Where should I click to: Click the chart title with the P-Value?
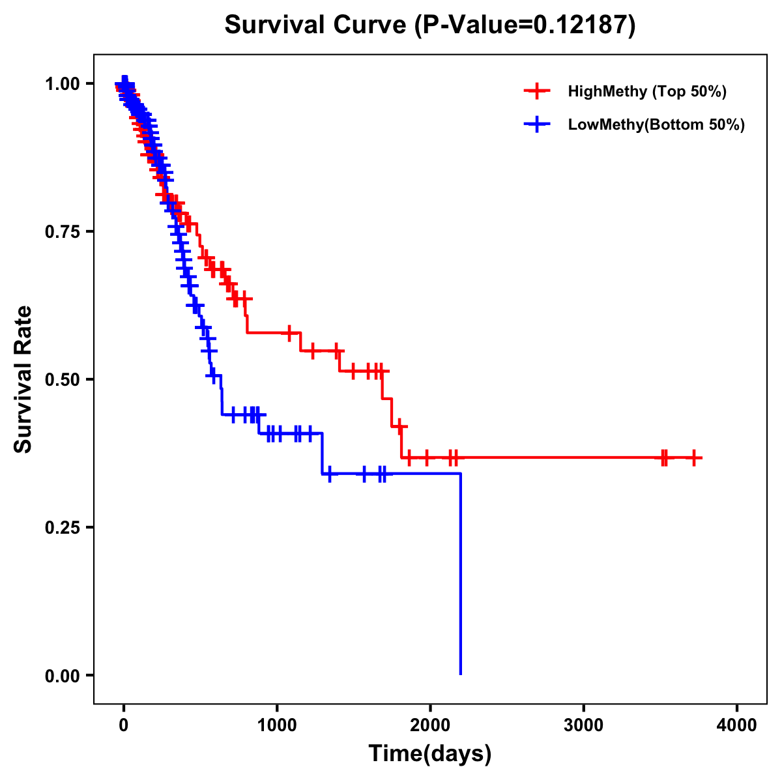pos(429,25)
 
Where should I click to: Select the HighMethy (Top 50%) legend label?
pos(646,91)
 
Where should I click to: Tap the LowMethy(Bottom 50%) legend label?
pos(656,125)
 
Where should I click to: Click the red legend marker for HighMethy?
pos(536,91)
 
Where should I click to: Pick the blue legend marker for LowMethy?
pos(536,125)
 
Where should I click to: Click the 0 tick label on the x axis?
pos(124,725)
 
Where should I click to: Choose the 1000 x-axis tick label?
pos(277,725)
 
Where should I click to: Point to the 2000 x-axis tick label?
pos(430,725)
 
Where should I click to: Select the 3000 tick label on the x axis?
pos(583,725)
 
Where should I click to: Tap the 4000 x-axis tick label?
pos(737,725)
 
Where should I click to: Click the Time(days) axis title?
pos(430,754)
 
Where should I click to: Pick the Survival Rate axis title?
pos(23,379)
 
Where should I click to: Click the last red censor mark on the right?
pos(694,458)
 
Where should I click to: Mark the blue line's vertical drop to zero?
pos(461,573)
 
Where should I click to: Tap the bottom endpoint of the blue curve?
pos(461,674)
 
